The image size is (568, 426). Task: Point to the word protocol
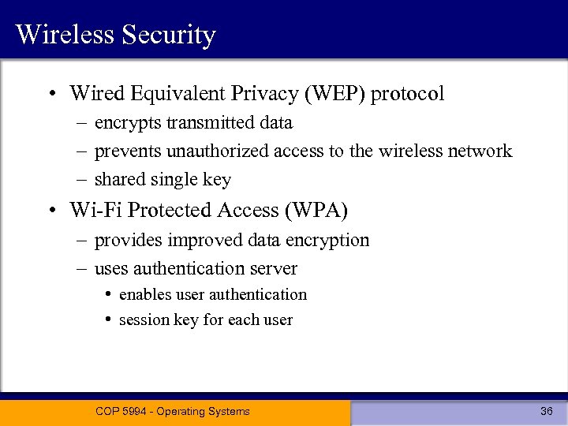(x=408, y=94)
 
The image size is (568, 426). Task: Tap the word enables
(x=144, y=294)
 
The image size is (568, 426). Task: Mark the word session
(x=143, y=319)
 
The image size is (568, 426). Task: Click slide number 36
(x=547, y=411)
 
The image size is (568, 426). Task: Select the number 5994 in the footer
(x=134, y=411)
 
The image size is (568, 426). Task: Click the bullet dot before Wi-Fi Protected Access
(x=50, y=211)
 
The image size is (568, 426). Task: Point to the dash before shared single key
(x=81, y=180)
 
